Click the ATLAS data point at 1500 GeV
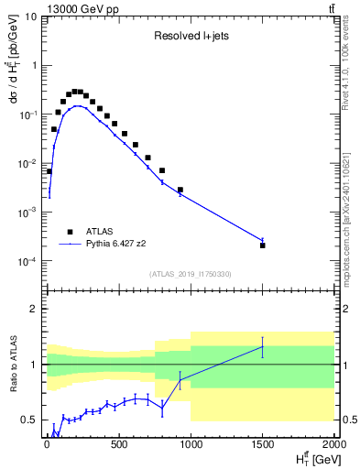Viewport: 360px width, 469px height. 263,245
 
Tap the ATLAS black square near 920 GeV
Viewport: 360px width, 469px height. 180,191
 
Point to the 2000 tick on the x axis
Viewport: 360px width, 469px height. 334,443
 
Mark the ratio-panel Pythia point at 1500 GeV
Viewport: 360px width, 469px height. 263,347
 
